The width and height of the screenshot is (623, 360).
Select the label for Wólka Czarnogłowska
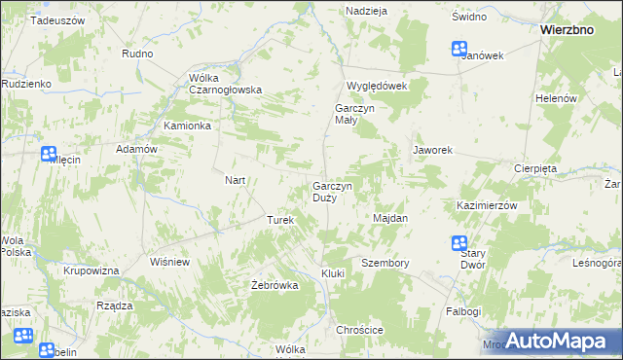pos(226,84)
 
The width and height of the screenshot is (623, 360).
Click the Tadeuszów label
pos(57,19)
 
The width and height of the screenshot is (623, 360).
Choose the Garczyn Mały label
pos(348,114)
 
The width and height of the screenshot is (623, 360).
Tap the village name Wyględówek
pos(375,86)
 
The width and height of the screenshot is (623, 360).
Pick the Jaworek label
pos(433,151)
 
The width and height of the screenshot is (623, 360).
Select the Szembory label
pos(385,263)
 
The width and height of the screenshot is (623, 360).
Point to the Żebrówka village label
pos(274,285)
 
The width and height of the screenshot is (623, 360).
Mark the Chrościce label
pos(360,330)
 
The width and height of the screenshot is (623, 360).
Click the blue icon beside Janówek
pos(459,49)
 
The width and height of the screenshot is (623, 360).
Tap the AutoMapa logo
pos(550,341)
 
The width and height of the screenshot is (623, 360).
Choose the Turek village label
pos(280,221)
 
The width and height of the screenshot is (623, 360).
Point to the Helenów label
pos(558,99)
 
